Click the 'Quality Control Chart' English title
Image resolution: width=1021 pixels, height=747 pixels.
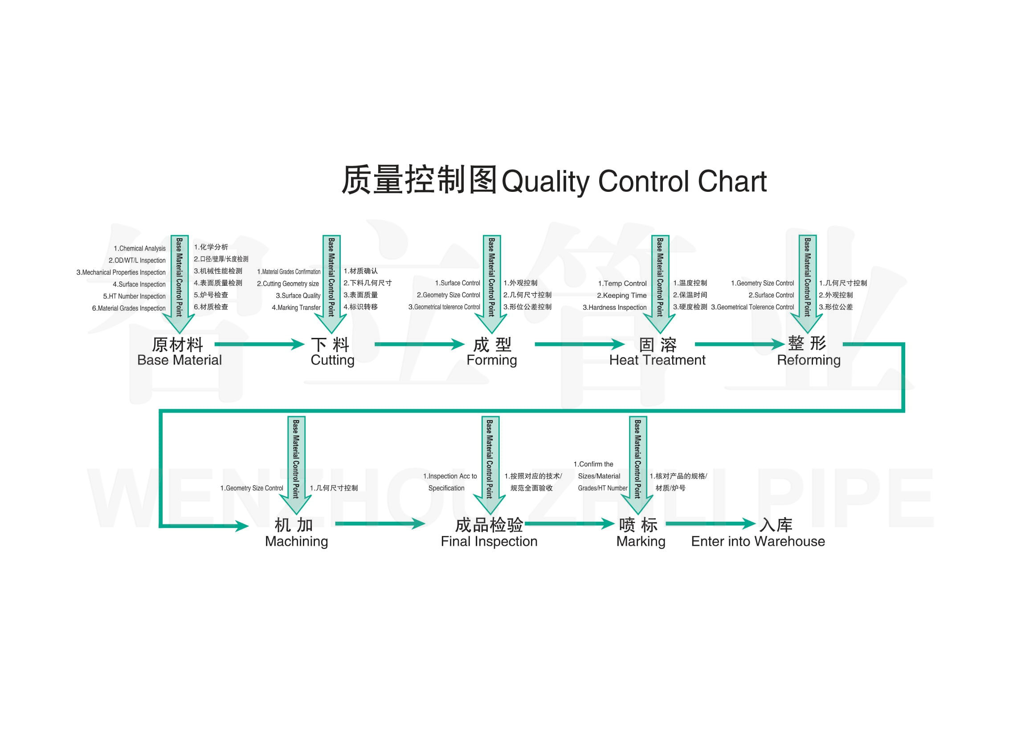(633, 182)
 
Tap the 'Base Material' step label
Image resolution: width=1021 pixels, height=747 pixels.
(179, 361)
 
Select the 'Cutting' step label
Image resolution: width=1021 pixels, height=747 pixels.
(332, 361)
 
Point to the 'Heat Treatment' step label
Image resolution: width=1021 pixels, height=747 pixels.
(657, 361)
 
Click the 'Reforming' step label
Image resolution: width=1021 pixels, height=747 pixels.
(809, 361)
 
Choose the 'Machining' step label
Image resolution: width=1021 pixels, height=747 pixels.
(296, 541)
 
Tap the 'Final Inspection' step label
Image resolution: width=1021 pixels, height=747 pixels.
(489, 541)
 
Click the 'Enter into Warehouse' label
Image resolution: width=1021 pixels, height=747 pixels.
(757, 541)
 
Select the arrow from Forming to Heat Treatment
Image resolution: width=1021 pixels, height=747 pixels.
(579, 345)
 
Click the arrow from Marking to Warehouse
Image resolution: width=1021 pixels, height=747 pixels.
(710, 524)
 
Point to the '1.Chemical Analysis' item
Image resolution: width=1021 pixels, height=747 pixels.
(139, 249)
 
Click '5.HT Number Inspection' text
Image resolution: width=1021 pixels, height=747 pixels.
(134, 296)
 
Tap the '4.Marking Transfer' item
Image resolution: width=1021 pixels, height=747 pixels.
(296, 308)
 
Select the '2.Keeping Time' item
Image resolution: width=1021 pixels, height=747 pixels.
(621, 296)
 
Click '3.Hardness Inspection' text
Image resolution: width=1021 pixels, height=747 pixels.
(614, 308)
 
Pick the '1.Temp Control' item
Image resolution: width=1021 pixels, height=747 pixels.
(622, 284)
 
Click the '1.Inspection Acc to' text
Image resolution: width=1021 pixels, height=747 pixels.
(449, 476)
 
